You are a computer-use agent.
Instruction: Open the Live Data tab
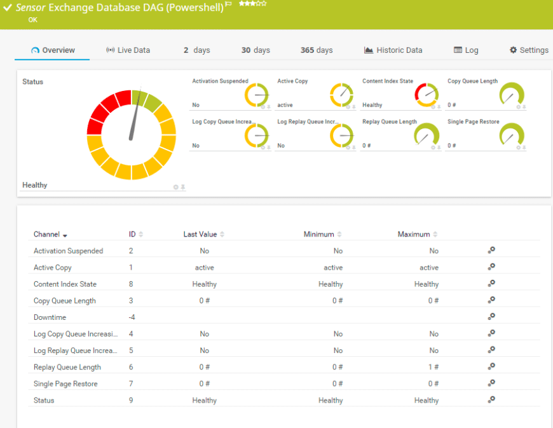tap(128, 50)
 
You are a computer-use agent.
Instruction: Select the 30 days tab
tap(256, 50)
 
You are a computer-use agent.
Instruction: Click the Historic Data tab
tap(393, 50)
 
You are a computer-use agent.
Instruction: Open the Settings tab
tap(529, 50)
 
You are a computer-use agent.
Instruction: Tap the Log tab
tap(466, 50)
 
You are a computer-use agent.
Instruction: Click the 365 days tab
tap(317, 50)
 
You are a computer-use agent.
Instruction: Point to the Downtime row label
tap(50, 317)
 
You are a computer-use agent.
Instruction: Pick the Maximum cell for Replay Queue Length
tap(434, 367)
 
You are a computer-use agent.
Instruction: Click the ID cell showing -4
tap(132, 317)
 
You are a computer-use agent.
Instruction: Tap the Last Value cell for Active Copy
tap(205, 268)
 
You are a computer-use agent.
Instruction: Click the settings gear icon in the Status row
tap(491, 400)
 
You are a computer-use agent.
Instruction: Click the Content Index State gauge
tap(427, 95)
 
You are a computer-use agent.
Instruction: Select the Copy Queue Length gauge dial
tap(512, 94)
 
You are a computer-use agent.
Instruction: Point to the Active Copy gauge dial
tap(341, 95)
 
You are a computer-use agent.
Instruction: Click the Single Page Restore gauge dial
tap(512, 134)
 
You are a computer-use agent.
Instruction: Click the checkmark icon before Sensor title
tap(8, 8)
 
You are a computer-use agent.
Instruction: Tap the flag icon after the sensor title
tap(229, 4)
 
